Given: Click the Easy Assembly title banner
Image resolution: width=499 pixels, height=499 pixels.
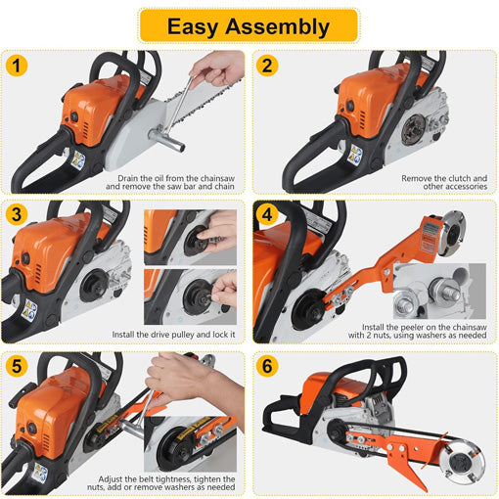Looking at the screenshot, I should click(249, 24).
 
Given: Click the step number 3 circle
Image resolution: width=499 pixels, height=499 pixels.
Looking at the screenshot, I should click(16, 215).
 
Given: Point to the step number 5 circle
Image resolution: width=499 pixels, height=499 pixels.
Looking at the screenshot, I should click(16, 366).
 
